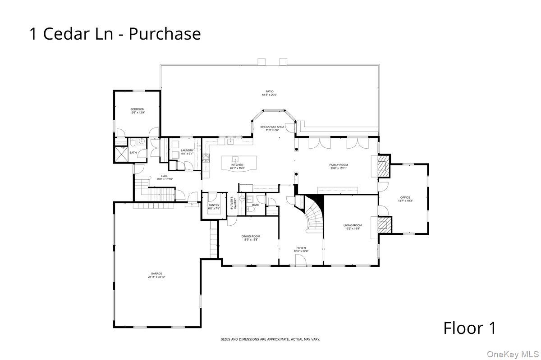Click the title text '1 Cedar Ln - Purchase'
pos(115,34)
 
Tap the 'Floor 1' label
pos(469,328)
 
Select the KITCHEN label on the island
pos(237,165)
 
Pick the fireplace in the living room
pos(384,224)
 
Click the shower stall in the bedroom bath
pos(121,154)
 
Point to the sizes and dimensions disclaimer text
pos(270,339)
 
